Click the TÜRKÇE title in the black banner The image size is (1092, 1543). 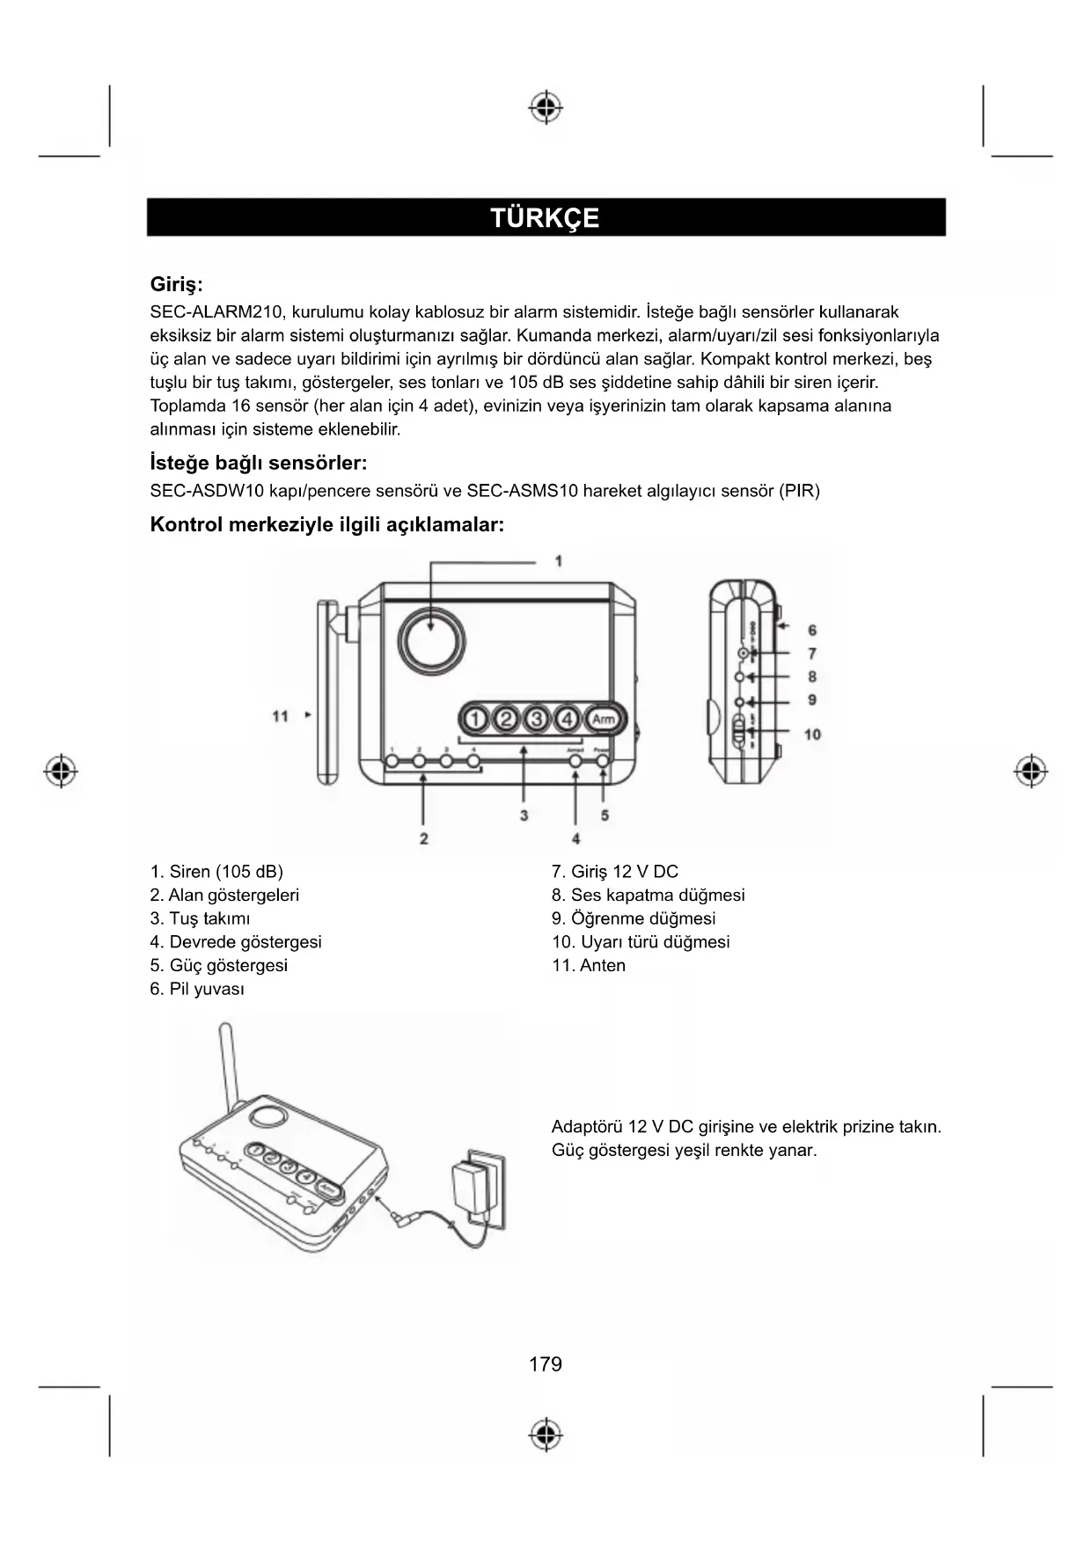tap(545, 218)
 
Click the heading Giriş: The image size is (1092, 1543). tap(176, 285)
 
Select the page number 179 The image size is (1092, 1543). tap(546, 1364)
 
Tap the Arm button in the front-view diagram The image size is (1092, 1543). tap(604, 719)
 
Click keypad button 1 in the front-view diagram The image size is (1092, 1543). tap(475, 719)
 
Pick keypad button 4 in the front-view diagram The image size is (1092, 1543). tap(568, 719)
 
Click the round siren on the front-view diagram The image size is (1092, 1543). tap(431, 637)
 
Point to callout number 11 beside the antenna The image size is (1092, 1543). tap(281, 716)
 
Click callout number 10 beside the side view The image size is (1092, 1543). tap(812, 734)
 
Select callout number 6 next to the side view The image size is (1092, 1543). tap(812, 630)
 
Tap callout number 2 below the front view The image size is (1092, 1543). tap(424, 838)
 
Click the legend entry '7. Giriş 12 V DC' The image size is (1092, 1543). tap(615, 872)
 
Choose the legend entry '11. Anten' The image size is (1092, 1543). tap(589, 965)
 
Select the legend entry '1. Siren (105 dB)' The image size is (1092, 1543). tap(216, 872)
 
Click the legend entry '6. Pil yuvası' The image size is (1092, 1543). tap(197, 989)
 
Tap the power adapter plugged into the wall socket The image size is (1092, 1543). tap(470, 1186)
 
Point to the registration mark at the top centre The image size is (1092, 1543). tap(546, 107)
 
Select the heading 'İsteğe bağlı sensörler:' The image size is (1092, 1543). tap(259, 463)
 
